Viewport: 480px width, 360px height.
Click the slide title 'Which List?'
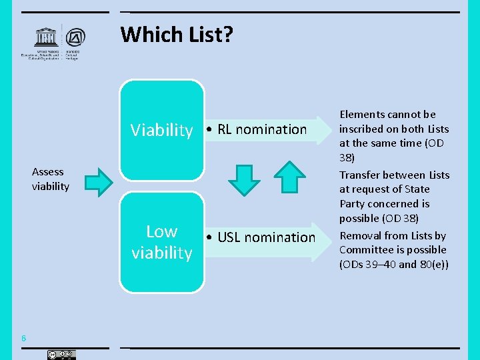click(177, 34)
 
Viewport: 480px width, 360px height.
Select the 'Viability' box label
click(161, 130)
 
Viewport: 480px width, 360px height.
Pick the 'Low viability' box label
click(161, 242)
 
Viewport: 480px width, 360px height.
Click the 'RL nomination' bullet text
click(257, 129)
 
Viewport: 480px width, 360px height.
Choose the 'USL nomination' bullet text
click(261, 237)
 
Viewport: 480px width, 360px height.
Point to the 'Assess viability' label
click(50, 179)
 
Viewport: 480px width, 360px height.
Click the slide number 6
click(23, 339)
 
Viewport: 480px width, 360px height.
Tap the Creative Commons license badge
click(61, 355)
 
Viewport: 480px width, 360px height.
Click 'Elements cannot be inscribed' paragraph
click(394, 136)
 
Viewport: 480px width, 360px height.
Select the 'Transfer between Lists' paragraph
click(394, 197)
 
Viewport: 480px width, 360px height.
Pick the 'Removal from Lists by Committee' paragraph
click(393, 250)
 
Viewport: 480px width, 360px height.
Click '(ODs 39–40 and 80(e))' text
click(393, 265)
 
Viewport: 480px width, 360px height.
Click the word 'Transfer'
click(360, 175)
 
